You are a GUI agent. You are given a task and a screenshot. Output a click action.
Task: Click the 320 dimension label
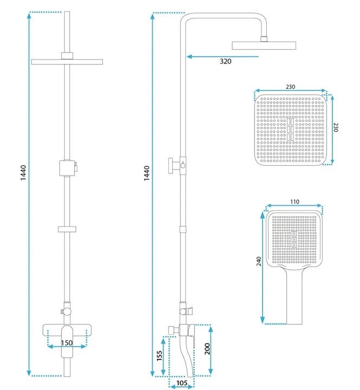pos(226,61)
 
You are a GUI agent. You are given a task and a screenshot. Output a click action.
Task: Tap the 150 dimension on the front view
pos(67,343)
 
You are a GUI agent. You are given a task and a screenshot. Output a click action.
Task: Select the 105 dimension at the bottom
pos(182,383)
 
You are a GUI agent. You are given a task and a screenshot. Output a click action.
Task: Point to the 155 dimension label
pos(159,355)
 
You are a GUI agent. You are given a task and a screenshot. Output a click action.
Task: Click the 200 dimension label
pos(207,349)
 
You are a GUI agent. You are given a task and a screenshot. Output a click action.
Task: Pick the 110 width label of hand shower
pos(294,201)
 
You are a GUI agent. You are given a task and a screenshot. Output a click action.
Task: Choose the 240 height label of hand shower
pos(259,261)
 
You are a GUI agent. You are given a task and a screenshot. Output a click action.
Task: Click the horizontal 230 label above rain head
pos(290,87)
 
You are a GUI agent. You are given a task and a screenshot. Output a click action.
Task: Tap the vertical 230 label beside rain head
pos(336,127)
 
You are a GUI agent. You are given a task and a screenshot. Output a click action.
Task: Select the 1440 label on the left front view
pos(23,173)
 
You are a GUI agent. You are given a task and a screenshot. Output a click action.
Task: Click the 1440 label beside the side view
pos(147,173)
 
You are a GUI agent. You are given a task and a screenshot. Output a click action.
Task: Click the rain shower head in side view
pos(264,45)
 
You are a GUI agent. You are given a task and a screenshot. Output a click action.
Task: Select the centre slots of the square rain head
pos(290,129)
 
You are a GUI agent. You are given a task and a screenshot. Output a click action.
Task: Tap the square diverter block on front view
pos(67,168)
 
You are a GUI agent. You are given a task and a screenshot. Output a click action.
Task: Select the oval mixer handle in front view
pos(67,341)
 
